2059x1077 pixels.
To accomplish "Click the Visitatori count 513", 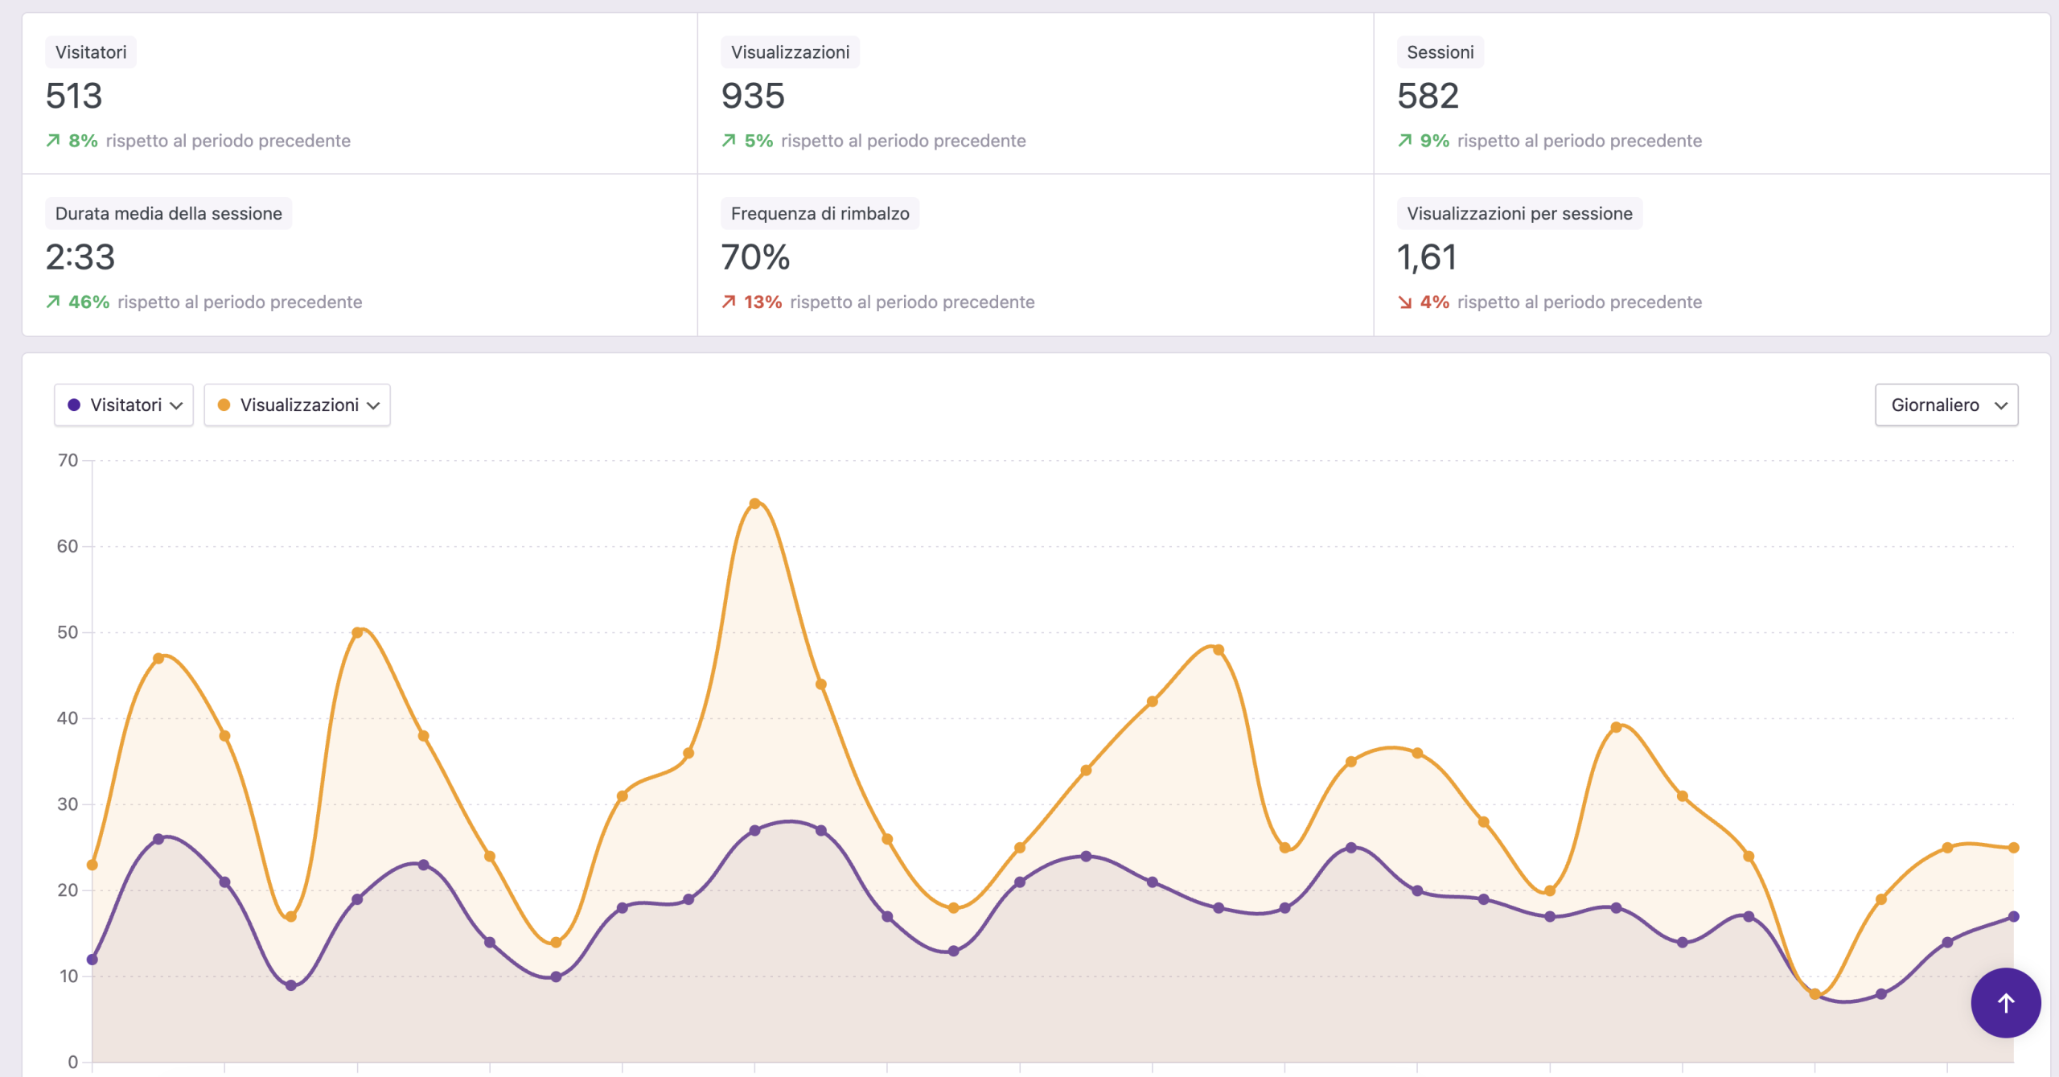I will click(74, 97).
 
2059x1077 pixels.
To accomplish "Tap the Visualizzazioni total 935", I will click(753, 97).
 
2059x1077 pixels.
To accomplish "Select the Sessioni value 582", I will click(1428, 97).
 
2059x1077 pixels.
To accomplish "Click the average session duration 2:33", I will click(80, 257).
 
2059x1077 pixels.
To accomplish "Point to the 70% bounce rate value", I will click(755, 257).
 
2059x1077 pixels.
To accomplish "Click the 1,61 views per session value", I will click(1427, 257).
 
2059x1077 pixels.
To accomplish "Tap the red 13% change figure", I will click(762, 302).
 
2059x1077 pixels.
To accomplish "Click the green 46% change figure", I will click(88, 302).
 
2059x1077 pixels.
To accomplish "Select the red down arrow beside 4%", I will click(1405, 302).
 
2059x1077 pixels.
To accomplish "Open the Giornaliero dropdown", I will click(1946, 405).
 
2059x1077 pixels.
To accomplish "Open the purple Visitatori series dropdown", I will click(124, 405).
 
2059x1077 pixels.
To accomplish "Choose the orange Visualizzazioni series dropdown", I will click(298, 405).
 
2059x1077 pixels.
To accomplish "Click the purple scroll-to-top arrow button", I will click(2006, 1003).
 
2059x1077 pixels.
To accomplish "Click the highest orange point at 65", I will click(754, 504).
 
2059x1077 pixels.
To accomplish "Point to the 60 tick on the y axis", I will click(68, 547).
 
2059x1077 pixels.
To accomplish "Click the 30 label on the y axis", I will click(68, 804).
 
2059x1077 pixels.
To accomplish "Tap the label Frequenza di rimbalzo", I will click(820, 214).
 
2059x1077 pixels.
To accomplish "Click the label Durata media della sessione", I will click(169, 214).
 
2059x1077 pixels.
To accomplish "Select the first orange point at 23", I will click(92, 865).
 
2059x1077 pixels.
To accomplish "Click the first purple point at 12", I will click(92, 960).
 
